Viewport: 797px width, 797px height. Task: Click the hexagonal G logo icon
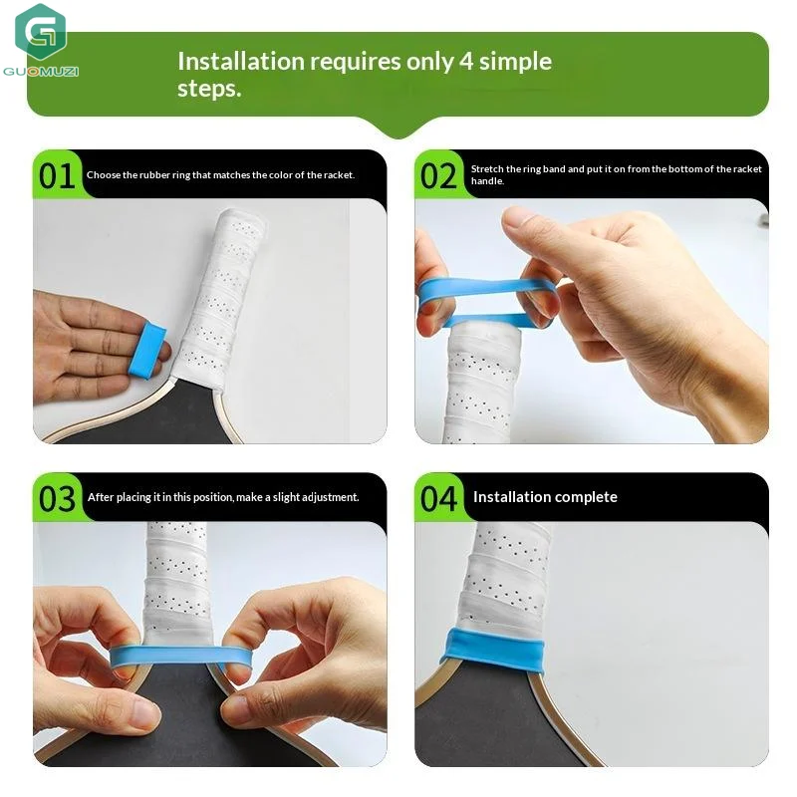(x=41, y=32)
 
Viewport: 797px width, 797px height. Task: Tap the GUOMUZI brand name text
(x=41, y=71)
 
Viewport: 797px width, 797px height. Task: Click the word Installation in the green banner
(x=241, y=62)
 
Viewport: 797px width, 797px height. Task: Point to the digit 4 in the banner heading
(x=466, y=62)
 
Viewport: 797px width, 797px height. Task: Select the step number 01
(x=57, y=176)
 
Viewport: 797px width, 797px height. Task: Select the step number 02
(x=438, y=176)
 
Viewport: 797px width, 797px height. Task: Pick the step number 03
(x=57, y=499)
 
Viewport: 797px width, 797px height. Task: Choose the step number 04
(x=438, y=499)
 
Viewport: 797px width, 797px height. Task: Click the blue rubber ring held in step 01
(x=146, y=351)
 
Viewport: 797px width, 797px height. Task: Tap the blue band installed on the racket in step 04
(x=494, y=650)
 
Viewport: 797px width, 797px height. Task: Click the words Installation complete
(x=545, y=496)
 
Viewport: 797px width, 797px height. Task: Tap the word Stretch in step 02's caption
(x=487, y=168)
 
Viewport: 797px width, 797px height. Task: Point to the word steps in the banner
(x=209, y=89)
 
